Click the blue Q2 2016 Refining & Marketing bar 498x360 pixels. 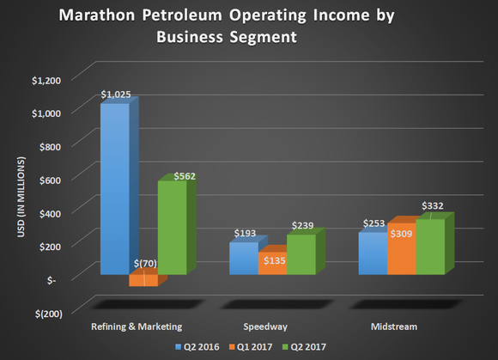pyautogui.click(x=114, y=189)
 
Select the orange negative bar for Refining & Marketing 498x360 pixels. pyautogui.click(x=143, y=280)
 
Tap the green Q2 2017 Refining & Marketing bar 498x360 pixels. pyautogui.click(x=171, y=228)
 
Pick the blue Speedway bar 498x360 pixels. pyautogui.click(x=244, y=258)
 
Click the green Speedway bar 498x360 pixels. pyautogui.click(x=301, y=254)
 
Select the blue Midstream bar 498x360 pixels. pyautogui.click(x=373, y=253)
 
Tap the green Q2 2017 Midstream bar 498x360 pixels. pyautogui.click(x=430, y=247)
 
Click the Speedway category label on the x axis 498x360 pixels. pyautogui.click(x=272, y=326)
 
